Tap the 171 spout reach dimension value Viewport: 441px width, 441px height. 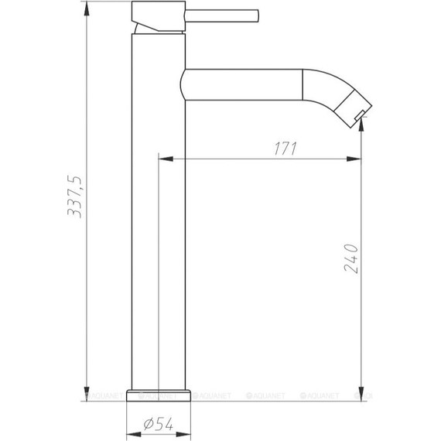(x=286, y=149)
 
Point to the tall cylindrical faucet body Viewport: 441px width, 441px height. (x=160, y=232)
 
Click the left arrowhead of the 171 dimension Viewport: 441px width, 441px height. (x=163, y=160)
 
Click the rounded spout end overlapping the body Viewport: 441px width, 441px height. (x=184, y=82)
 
